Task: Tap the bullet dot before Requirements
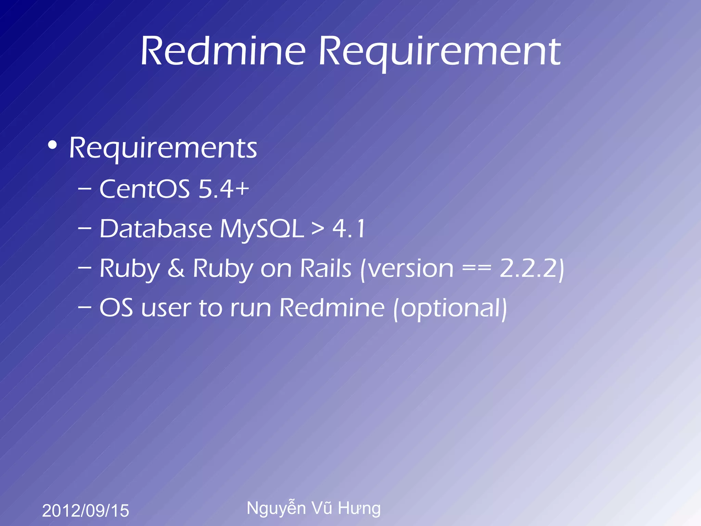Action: pos(52,145)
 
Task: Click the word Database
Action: pos(156,228)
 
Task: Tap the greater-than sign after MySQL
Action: pos(318,229)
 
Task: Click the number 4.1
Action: pos(349,229)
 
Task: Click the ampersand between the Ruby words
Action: pos(176,268)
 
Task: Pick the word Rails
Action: pos(326,268)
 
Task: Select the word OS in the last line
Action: pos(116,308)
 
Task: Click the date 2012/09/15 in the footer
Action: pos(86,511)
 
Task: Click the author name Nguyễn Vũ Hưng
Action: pos(314,509)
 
